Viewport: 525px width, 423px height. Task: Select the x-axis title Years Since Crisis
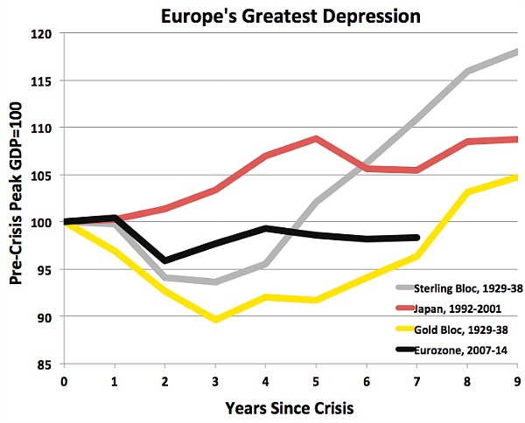[x=288, y=407]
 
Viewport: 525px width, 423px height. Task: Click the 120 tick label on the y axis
[x=42, y=33]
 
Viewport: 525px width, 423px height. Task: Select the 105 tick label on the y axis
[x=42, y=175]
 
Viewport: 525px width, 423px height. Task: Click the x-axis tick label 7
[x=417, y=381]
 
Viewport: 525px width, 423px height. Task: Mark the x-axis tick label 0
[x=63, y=381]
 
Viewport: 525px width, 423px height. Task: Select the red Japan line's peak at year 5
[x=316, y=138]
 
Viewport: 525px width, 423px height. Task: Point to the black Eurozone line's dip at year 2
[x=164, y=260]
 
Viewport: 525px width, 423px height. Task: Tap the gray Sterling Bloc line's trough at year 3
[x=215, y=281]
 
